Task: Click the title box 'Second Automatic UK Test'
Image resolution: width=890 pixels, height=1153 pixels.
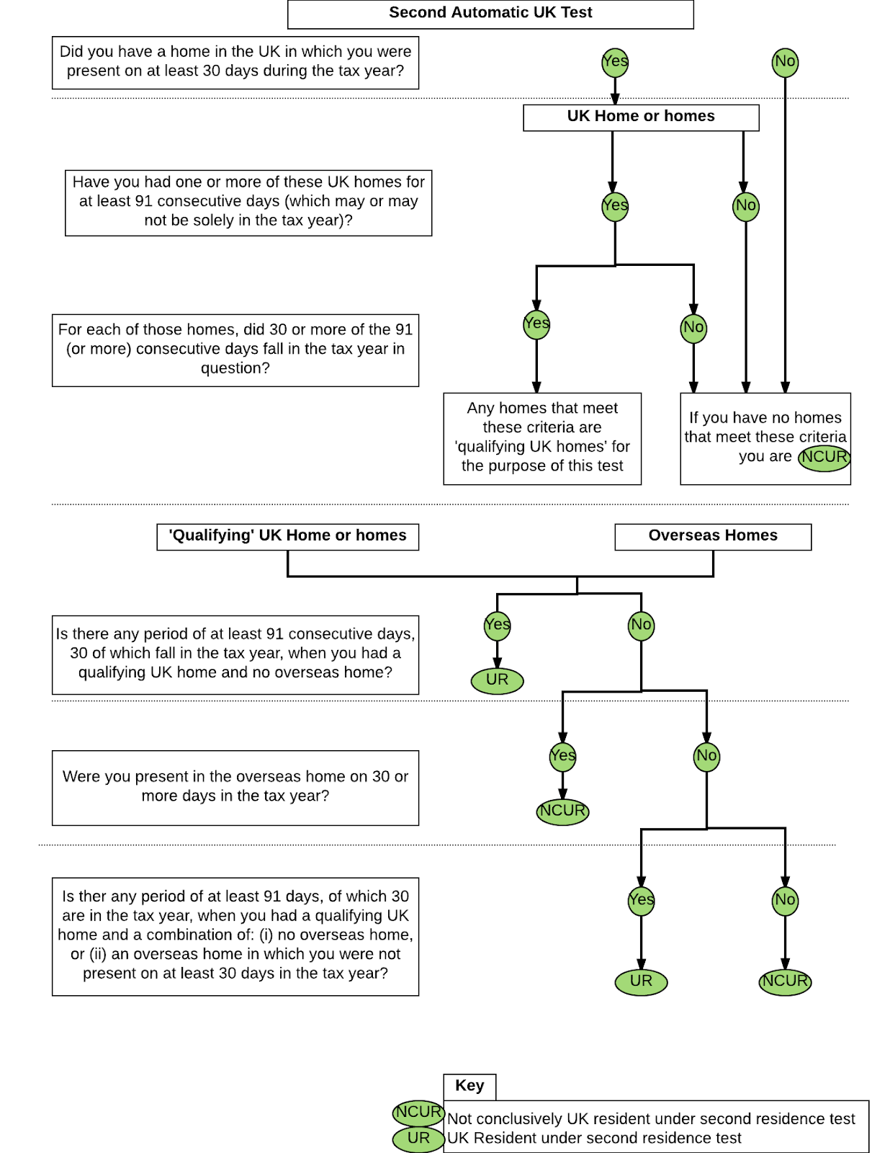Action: pyautogui.click(x=490, y=14)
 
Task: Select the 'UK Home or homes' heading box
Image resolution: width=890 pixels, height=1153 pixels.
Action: pyautogui.click(x=641, y=117)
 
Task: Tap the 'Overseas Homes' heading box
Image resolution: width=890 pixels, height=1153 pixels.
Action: pyautogui.click(x=713, y=537)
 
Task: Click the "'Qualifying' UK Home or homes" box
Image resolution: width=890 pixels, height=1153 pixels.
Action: pyautogui.click(x=288, y=537)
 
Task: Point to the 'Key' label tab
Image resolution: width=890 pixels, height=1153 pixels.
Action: pyautogui.click(x=469, y=1087)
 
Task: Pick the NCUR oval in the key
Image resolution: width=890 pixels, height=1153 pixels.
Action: pyautogui.click(x=418, y=1112)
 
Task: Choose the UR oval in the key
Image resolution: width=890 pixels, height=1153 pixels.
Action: pyautogui.click(x=418, y=1139)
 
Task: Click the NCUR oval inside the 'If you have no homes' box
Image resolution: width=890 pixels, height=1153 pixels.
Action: pyautogui.click(x=824, y=458)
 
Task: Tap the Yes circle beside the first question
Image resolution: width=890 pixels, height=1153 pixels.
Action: pyautogui.click(x=615, y=62)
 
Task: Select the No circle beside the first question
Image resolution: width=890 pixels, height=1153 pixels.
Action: pyautogui.click(x=785, y=62)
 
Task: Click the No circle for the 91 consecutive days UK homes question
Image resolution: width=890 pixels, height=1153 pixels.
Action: pyautogui.click(x=746, y=206)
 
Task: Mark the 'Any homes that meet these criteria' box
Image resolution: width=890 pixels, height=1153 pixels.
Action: pyautogui.click(x=542, y=438)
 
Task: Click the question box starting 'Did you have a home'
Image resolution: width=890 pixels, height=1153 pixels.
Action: pyautogui.click(x=235, y=63)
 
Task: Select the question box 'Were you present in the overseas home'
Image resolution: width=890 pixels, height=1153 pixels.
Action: pyautogui.click(x=235, y=788)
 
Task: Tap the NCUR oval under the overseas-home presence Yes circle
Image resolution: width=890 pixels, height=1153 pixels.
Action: pyautogui.click(x=562, y=811)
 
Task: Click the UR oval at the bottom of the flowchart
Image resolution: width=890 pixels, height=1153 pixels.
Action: pyautogui.click(x=641, y=981)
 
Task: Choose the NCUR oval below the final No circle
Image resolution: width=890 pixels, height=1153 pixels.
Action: pyautogui.click(x=785, y=981)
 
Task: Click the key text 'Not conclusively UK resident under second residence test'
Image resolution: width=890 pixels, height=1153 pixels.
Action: pyautogui.click(x=651, y=1119)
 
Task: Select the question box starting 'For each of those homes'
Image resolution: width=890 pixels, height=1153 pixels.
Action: pyautogui.click(x=235, y=350)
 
